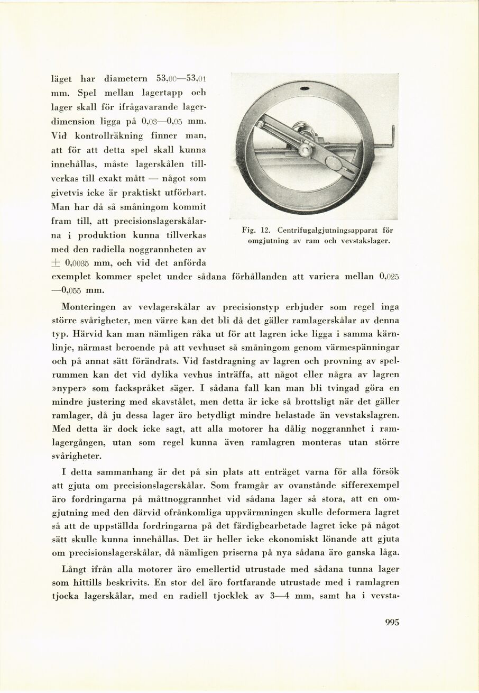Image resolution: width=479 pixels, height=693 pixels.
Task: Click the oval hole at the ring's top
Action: [x=305, y=88]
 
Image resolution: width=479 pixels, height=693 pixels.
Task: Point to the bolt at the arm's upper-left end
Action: [x=260, y=124]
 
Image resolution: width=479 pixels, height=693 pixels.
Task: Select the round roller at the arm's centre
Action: [x=305, y=150]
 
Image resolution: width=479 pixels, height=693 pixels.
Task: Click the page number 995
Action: [x=392, y=622]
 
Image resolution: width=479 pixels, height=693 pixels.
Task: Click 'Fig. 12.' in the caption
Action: [x=256, y=230]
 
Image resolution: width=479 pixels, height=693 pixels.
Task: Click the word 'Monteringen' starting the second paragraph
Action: [x=87, y=306]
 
